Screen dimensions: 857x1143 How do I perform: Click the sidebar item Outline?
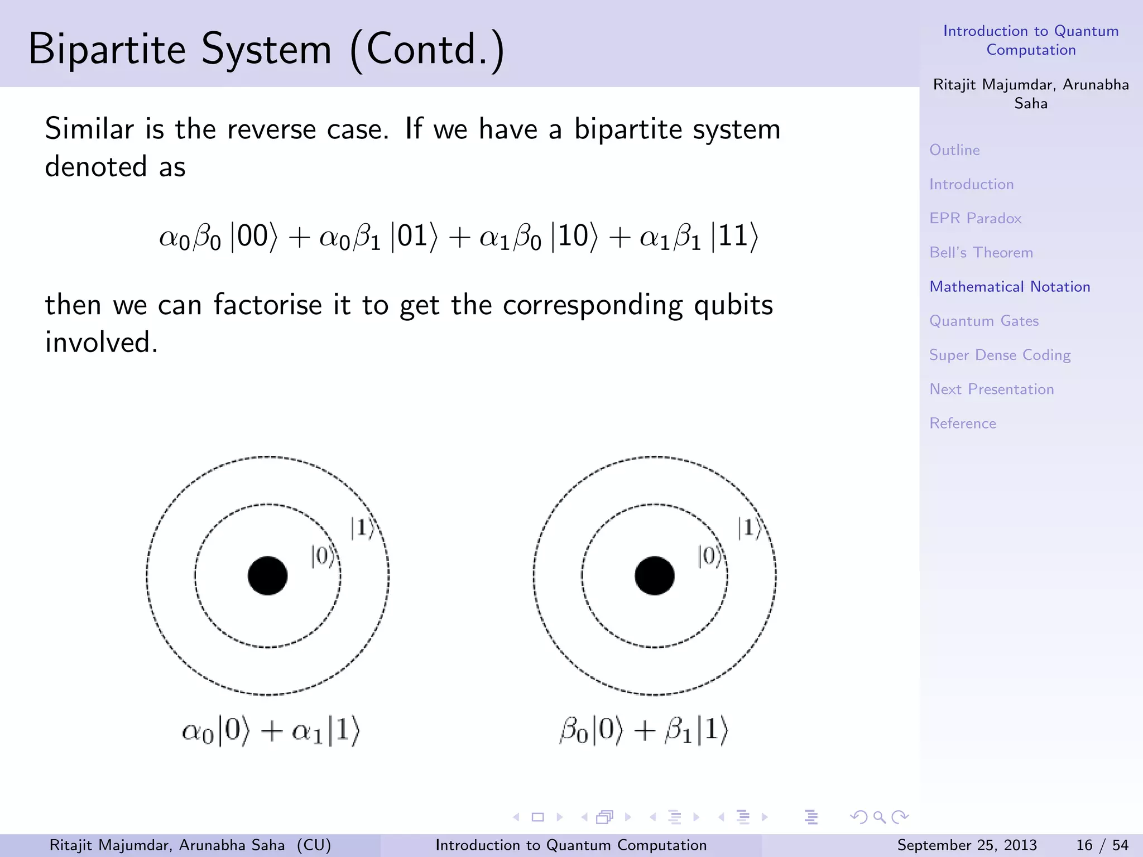coord(954,150)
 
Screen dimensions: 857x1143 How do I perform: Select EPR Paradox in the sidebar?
coord(975,218)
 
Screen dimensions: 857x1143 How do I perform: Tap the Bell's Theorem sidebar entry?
coord(981,252)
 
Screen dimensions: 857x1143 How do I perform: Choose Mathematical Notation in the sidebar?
coord(1010,287)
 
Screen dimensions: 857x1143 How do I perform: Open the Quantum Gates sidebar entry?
coord(984,321)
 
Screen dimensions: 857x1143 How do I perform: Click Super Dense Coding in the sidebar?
coord(1000,355)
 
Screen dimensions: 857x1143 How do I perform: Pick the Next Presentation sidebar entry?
coord(991,389)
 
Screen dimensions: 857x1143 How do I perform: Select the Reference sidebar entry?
coord(963,423)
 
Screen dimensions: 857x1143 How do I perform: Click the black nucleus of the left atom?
coord(267,576)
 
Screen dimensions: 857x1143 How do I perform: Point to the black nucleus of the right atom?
coord(654,576)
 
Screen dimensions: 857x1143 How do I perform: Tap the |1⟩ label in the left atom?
coord(362,528)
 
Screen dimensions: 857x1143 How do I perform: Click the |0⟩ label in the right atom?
coord(709,556)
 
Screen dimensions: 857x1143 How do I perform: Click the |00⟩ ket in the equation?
coord(254,237)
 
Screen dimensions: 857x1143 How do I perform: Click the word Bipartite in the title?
coord(107,49)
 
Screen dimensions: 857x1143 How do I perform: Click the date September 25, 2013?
coord(967,845)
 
